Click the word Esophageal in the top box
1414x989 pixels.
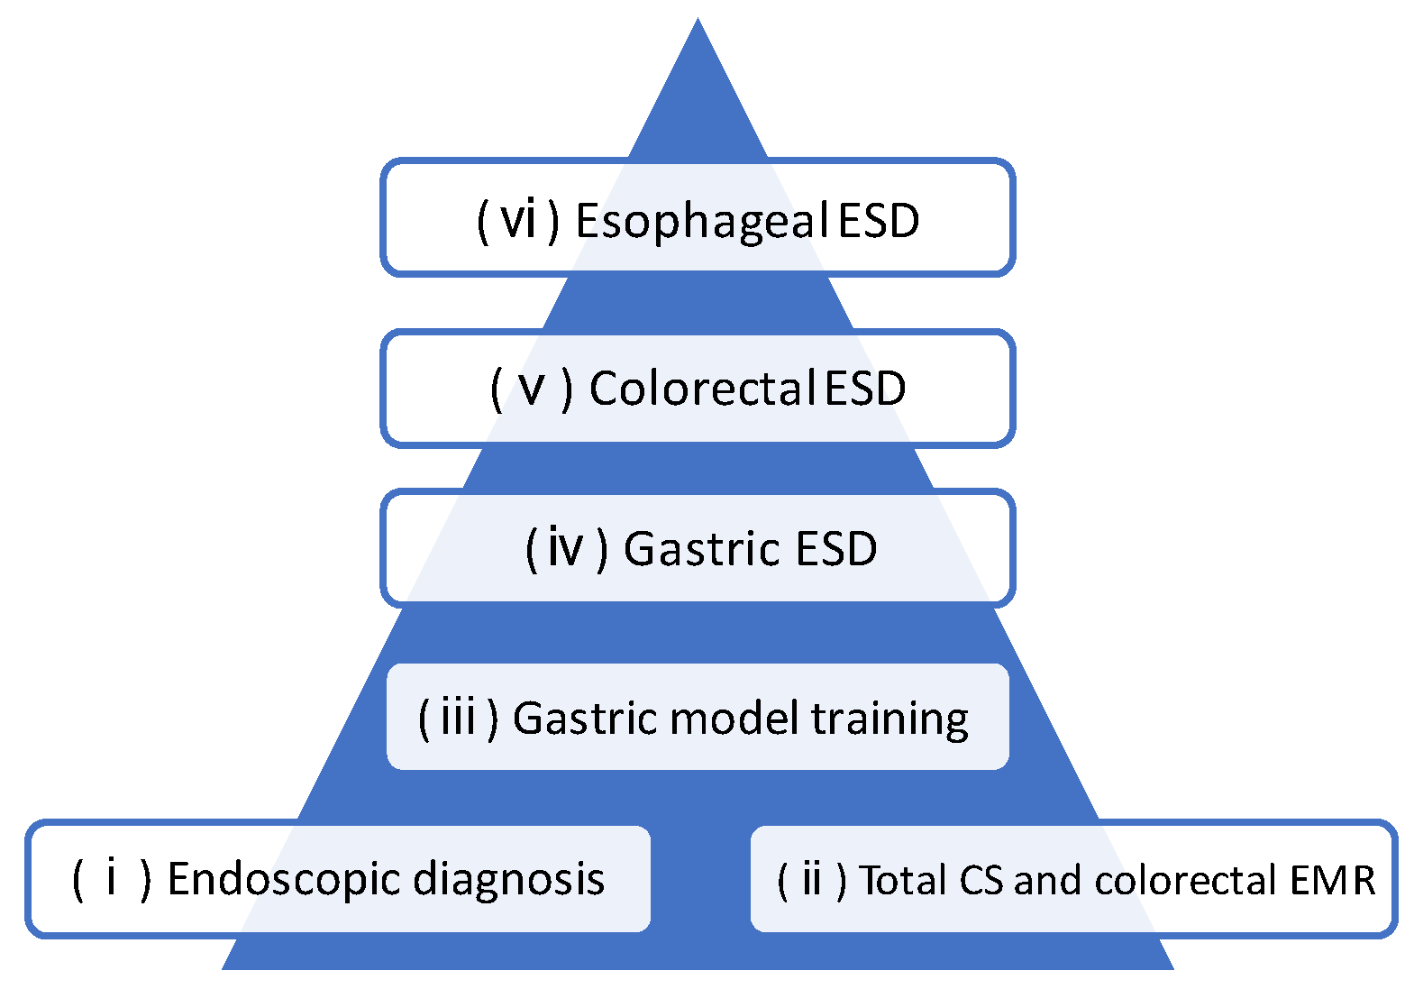click(x=701, y=222)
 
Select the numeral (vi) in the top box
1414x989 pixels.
click(x=519, y=220)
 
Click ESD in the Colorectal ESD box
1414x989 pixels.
click(x=865, y=389)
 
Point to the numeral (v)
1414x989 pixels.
click(x=532, y=389)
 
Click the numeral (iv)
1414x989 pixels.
click(x=566, y=549)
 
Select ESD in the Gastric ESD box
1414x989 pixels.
click(x=836, y=549)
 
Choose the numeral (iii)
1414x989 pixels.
click(x=458, y=719)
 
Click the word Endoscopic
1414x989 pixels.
click(x=284, y=880)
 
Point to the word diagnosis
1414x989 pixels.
click(x=509, y=880)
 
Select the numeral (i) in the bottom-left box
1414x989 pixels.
click(x=112, y=879)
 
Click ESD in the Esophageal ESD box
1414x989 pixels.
click(x=879, y=222)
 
